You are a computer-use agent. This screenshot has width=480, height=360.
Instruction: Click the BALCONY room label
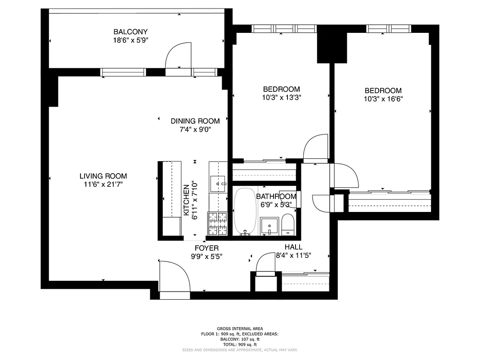pos(130,31)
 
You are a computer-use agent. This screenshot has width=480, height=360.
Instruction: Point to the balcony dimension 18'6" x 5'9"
pos(130,40)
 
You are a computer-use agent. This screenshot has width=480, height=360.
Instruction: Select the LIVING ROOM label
pos(103,176)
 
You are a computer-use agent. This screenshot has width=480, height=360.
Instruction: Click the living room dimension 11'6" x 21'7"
pos(103,184)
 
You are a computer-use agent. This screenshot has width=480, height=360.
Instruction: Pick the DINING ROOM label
pos(195,121)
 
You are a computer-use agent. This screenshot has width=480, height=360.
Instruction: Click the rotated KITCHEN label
pos(186,200)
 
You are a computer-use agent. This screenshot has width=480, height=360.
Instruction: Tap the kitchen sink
pos(220,184)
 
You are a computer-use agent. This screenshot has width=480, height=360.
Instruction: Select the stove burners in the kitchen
pos(217,223)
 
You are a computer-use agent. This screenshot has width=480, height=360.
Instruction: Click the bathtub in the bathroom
pos(245,211)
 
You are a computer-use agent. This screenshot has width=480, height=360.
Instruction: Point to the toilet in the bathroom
pos(287,225)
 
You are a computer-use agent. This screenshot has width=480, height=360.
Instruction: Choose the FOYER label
pos(206,248)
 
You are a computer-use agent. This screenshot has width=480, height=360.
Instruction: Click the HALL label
pos(293,247)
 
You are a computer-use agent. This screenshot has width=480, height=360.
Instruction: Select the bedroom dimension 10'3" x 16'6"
pos(383,99)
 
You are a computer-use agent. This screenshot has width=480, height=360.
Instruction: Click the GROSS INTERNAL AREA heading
pos(240,329)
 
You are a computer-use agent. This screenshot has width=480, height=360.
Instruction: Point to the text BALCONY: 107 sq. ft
pos(240,339)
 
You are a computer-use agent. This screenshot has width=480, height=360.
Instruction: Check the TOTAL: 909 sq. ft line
pos(240,344)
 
